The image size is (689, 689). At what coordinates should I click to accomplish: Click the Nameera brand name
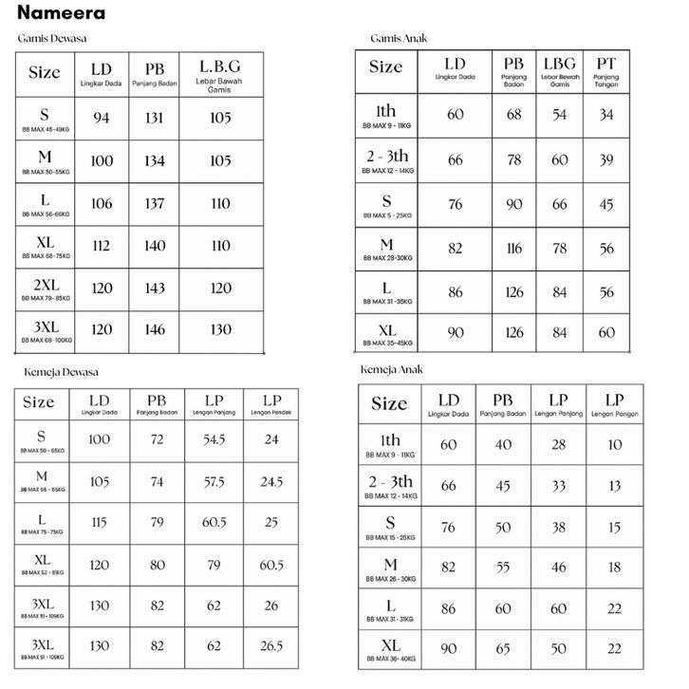61,13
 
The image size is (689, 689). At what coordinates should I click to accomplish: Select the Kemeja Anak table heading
391,369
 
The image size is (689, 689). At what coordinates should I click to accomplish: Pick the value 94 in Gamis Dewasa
102,118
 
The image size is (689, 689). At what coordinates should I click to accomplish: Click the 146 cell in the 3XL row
154,329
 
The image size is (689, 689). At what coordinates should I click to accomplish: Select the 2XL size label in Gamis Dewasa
45,285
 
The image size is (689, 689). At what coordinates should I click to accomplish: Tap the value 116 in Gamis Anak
513,248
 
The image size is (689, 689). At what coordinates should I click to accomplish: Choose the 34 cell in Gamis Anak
606,114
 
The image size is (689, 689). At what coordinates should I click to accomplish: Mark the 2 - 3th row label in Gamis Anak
387,156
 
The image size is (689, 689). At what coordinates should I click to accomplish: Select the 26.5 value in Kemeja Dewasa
271,646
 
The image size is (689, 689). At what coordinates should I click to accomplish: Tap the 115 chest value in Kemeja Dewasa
99,523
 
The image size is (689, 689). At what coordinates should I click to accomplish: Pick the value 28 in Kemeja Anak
558,445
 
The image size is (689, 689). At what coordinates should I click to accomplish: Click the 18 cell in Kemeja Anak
614,567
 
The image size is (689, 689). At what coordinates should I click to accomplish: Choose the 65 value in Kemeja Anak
503,648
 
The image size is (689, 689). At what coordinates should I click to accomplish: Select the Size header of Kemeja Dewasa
39,402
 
